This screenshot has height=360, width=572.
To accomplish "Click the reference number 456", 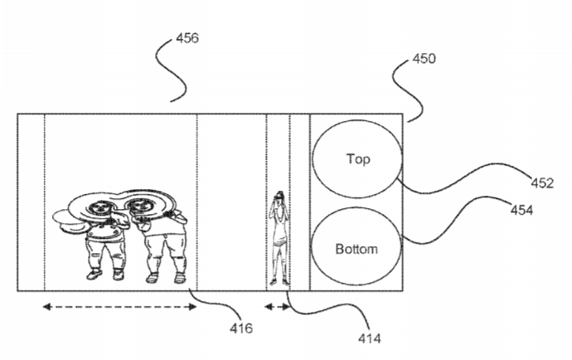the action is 187,38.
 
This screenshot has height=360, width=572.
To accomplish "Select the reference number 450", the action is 424,58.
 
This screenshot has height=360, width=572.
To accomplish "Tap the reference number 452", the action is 542,183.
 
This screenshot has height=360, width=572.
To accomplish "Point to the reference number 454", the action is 521,210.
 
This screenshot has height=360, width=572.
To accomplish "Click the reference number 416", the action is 241,328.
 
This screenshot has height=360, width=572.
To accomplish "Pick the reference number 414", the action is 369,338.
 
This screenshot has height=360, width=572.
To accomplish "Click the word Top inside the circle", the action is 358,159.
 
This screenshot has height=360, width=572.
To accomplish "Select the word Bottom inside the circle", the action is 356,249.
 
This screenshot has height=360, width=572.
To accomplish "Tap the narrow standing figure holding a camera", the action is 279,238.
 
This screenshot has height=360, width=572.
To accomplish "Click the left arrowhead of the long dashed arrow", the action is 46,307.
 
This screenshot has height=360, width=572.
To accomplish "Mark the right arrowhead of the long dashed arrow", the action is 192,307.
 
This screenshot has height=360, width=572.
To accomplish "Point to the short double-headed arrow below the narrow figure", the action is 278,307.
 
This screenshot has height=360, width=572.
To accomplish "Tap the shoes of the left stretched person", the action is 105,275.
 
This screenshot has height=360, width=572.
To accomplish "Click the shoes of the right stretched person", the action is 166,278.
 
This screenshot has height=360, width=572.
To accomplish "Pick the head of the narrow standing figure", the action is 279,196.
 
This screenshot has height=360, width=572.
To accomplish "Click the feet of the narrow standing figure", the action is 279,282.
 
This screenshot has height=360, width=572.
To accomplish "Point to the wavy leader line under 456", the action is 172,70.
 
